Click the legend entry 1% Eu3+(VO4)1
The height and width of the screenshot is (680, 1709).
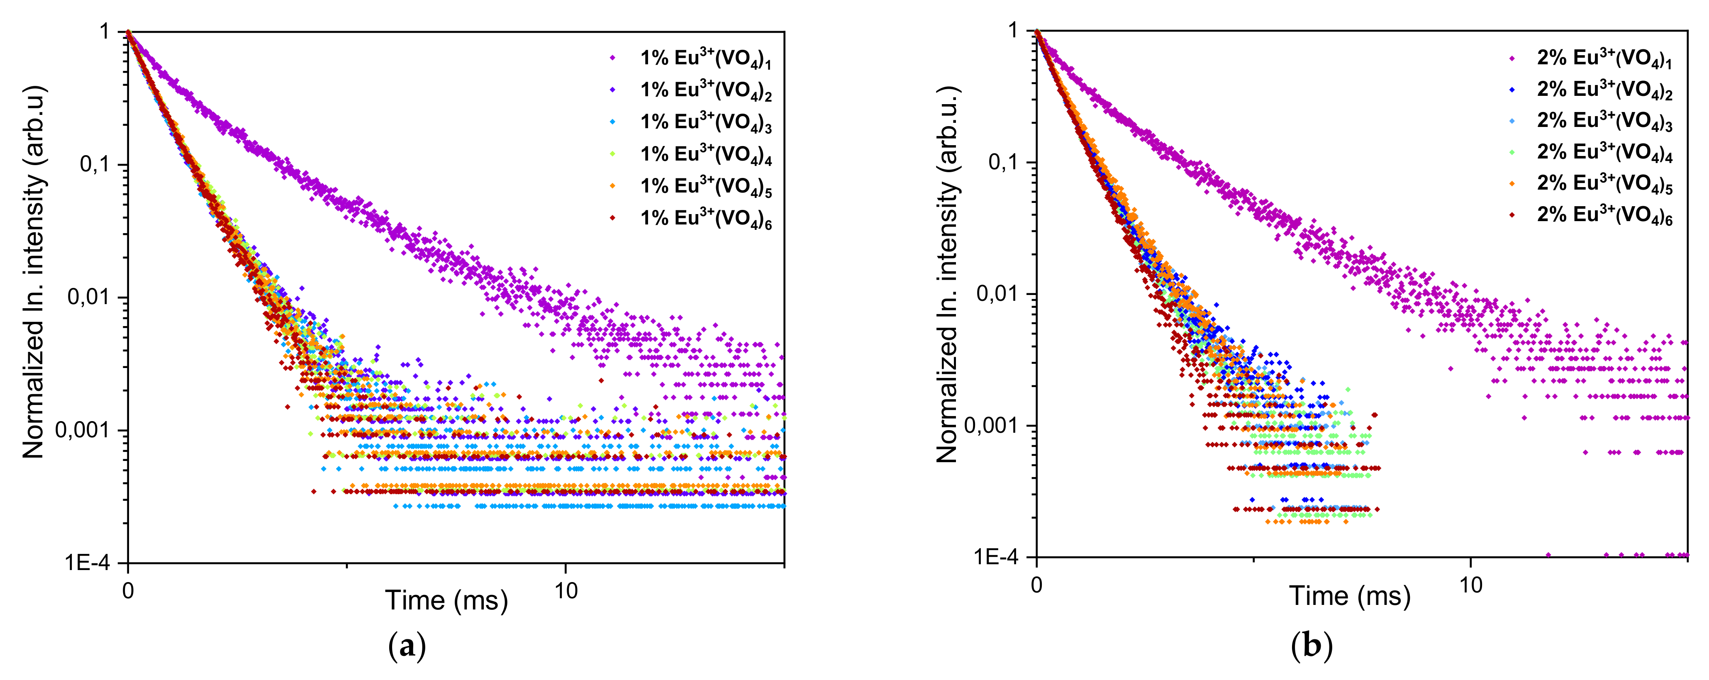pos(705,58)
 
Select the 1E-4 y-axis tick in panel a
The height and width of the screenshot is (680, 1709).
pos(87,563)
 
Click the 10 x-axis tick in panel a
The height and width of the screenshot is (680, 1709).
pos(566,590)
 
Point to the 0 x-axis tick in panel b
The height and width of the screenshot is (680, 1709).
pos(1037,585)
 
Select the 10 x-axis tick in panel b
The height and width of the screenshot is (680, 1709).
pos(1471,585)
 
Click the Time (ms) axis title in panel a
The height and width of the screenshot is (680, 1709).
pos(446,600)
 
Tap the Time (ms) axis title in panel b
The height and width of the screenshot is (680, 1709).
pos(1349,596)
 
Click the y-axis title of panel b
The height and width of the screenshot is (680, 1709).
pos(947,274)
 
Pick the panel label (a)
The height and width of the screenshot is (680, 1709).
pos(406,646)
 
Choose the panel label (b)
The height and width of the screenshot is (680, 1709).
pos(1312,646)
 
